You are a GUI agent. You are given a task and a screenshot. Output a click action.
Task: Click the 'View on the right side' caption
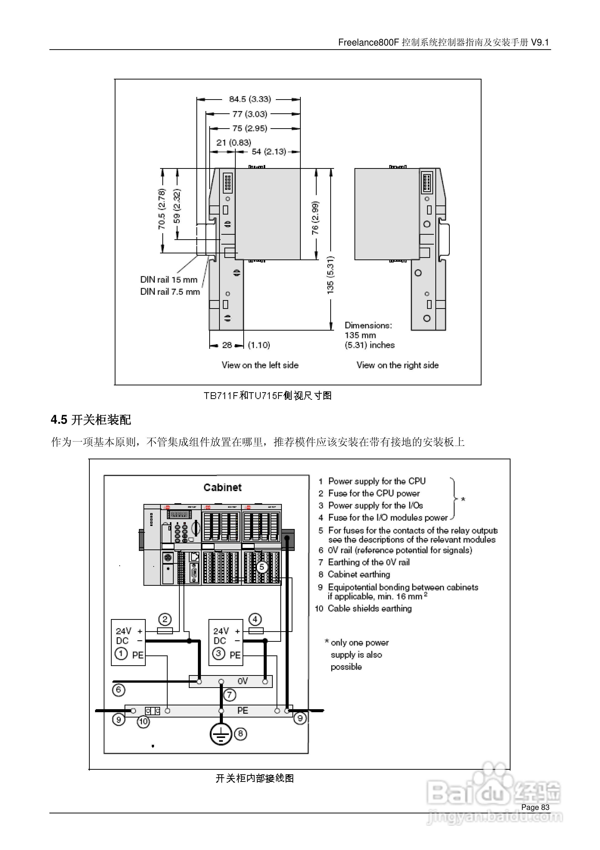(397, 365)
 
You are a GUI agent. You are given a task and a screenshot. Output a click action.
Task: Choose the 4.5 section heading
(91, 420)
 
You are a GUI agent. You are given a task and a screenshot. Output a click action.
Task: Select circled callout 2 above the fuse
(165, 619)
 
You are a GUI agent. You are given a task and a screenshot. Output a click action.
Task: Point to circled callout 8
(241, 733)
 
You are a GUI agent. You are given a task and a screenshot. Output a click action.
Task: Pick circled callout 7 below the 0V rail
(229, 695)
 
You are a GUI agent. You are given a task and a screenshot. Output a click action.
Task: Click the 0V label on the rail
(243, 681)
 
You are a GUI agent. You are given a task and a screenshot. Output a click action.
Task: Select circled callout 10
(143, 721)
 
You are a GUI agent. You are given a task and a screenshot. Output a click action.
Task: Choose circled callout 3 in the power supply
(219, 653)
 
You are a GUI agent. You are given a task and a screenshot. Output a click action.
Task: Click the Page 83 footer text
(535, 807)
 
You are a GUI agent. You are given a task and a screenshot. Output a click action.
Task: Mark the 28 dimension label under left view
(227, 345)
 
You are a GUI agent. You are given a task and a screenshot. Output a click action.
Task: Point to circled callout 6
(118, 690)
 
